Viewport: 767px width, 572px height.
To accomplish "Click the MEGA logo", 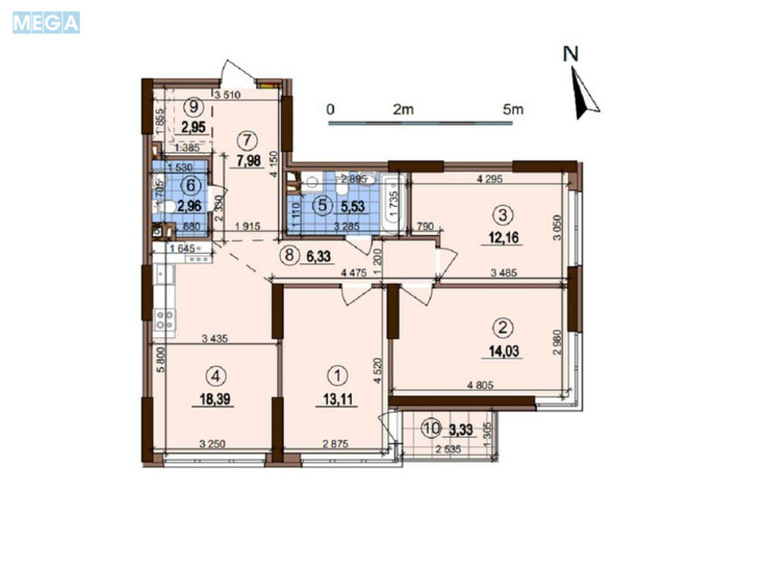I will pyautogui.click(x=46, y=22).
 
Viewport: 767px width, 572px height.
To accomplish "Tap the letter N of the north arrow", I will pyautogui.click(x=571, y=55).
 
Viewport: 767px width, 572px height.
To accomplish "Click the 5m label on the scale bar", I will pyautogui.click(x=514, y=109).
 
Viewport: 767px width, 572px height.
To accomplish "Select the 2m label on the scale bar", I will pyautogui.click(x=402, y=109).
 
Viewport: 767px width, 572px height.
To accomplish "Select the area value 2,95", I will pyautogui.click(x=195, y=126).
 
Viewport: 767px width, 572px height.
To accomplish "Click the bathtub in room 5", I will pyautogui.click(x=392, y=203).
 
